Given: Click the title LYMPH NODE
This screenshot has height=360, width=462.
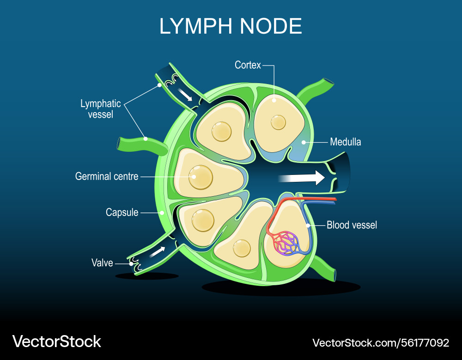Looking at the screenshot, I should [x=231, y=26].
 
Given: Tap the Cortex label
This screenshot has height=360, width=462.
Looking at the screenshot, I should [x=248, y=65].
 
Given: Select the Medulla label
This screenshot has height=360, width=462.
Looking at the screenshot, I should [x=345, y=142].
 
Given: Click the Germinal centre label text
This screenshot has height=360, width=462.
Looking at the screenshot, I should [x=107, y=176].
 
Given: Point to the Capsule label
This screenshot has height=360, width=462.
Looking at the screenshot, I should [x=122, y=212].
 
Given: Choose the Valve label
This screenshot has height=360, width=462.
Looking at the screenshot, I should [x=102, y=263].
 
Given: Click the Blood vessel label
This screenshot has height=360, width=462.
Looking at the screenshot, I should [x=352, y=225].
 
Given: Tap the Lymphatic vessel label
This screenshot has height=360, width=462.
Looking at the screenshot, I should [x=100, y=109].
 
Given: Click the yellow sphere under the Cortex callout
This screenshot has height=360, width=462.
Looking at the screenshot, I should [x=278, y=122].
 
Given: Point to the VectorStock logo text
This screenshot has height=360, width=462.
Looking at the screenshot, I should [x=57, y=342].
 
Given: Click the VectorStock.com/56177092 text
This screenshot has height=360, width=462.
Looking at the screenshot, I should [x=380, y=343].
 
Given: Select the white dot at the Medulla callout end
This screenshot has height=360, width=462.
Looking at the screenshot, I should [x=303, y=142].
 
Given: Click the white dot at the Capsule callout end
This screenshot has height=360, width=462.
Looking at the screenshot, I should [x=162, y=213].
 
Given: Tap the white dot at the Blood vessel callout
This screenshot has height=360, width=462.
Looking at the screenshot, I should [x=308, y=225].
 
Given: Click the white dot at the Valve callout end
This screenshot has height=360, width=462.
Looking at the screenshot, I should [x=131, y=264].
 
